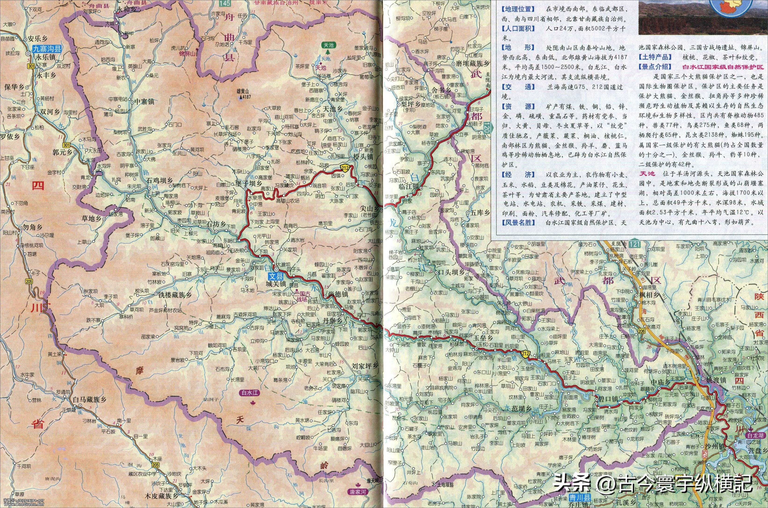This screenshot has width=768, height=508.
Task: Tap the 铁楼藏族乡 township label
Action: [x=175, y=295]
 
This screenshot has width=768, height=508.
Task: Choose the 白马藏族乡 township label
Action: [x=90, y=399]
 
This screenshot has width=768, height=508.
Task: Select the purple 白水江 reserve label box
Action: [x=251, y=393]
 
